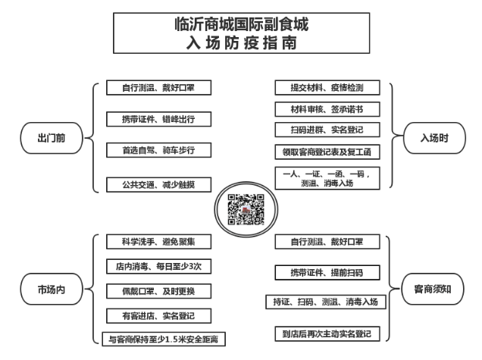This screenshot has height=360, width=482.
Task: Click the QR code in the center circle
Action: pos(246,209)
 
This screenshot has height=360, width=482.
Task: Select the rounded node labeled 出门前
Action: pos(52,138)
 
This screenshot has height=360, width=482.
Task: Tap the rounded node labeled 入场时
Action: pos(434,138)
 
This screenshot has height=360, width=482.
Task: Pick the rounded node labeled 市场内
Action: pos(52,290)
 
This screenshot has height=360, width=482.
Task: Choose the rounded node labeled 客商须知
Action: pos(433,289)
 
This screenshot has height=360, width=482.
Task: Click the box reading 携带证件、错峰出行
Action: pos(158,119)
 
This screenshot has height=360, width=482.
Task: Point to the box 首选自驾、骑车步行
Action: pos(158,150)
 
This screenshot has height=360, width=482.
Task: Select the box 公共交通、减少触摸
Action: pos(158,184)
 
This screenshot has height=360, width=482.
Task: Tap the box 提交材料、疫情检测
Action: pos(327,88)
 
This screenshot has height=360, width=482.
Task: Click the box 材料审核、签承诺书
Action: pos(327,109)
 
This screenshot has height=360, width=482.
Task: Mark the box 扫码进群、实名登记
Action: pos(327,130)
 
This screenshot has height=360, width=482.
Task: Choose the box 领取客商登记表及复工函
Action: pos(327,152)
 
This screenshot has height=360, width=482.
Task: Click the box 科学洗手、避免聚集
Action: pos(158,242)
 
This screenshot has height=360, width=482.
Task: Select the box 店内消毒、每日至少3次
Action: pos(158,266)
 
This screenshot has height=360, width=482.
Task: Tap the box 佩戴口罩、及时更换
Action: pos(158,291)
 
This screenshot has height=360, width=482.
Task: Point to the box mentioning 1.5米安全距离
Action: pos(164,339)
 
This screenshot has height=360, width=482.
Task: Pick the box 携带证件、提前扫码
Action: pos(327,272)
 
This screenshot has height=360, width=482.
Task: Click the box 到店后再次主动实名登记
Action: pos(327,334)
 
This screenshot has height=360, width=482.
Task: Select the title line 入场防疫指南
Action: pos(242,42)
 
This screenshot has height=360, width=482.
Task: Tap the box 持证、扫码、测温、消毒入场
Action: pos(326,302)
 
